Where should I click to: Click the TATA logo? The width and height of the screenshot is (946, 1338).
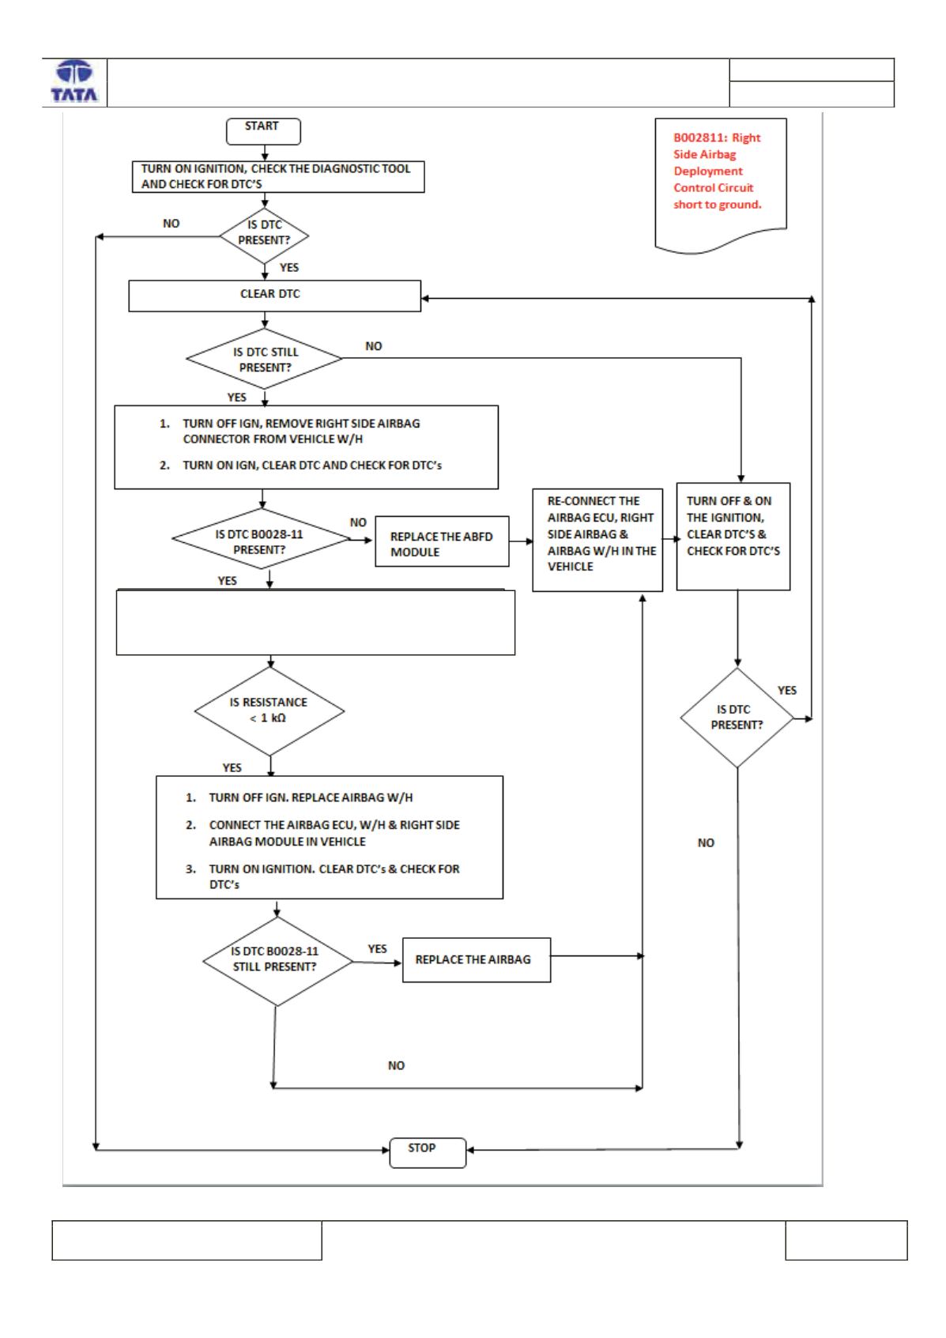pos(74,81)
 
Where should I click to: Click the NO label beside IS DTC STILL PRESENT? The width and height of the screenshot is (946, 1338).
pos(373,346)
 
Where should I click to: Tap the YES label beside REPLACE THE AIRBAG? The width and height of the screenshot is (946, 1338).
pos(377,948)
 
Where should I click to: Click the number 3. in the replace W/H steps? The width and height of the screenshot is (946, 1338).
pos(190,869)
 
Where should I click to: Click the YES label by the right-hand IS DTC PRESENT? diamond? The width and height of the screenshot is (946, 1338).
pos(786,690)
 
